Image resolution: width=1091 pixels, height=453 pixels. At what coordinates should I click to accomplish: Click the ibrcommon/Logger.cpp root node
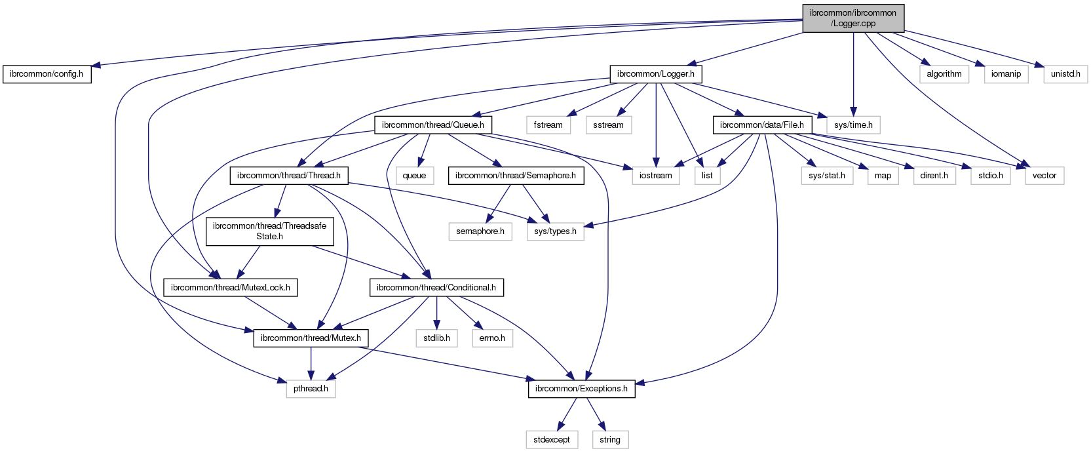(x=852, y=18)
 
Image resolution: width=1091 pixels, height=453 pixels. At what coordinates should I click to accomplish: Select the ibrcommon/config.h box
(x=47, y=74)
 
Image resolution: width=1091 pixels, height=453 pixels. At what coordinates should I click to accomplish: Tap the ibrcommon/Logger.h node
(x=656, y=74)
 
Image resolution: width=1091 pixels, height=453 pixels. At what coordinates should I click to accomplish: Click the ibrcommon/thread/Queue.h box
(x=433, y=125)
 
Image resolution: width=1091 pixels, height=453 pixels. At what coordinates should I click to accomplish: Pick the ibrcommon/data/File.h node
(x=761, y=125)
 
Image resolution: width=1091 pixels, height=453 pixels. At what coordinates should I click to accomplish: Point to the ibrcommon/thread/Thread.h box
(x=289, y=176)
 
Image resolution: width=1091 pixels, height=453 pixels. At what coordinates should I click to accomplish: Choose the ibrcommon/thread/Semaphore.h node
(x=516, y=176)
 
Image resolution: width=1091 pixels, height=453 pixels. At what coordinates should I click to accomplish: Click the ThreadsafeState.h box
(x=269, y=231)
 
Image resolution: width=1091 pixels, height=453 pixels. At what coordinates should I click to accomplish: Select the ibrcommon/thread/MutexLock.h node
(x=231, y=288)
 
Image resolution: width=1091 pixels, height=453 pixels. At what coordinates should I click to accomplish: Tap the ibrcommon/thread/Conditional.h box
(x=436, y=288)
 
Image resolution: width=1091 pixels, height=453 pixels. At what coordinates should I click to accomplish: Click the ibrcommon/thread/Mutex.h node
(x=311, y=338)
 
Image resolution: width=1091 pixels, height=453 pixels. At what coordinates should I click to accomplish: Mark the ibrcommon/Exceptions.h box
(x=581, y=389)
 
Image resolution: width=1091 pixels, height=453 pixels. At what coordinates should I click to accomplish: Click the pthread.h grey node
(x=311, y=389)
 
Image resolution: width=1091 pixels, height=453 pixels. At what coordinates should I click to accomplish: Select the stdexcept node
(x=552, y=440)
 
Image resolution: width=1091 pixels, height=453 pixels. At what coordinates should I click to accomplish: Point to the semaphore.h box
(x=480, y=231)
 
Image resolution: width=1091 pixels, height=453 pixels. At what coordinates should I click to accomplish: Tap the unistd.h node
(x=1065, y=74)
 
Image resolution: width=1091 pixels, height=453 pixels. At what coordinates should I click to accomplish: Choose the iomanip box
(x=1006, y=74)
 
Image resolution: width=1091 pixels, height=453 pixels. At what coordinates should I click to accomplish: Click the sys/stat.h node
(x=827, y=176)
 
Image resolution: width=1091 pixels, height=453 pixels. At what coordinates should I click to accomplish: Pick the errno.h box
(x=492, y=338)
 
